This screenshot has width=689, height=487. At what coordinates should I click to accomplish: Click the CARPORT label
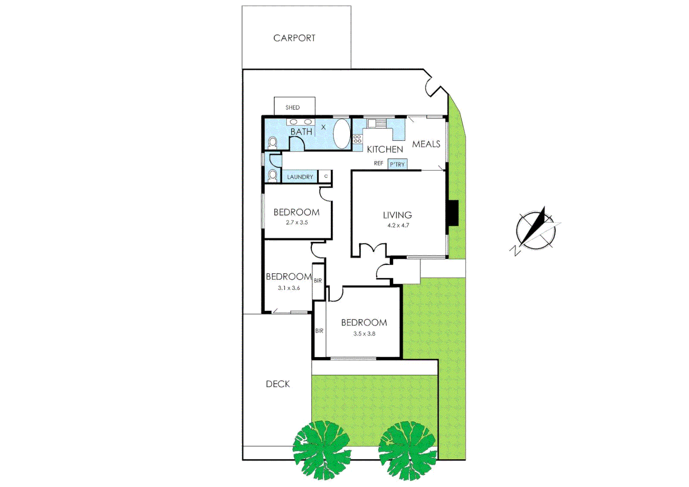294,38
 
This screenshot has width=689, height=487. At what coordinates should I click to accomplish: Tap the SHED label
292,107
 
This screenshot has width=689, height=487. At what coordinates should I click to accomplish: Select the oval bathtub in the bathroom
342,133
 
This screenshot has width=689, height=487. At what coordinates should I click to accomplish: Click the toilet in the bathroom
273,142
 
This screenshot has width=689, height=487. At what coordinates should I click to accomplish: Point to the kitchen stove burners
357,139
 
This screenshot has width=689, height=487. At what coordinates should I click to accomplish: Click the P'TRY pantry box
397,164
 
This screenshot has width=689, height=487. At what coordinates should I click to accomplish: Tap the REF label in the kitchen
378,163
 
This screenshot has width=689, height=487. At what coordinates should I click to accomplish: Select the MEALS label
426,144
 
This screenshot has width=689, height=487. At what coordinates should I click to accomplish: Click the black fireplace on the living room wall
452,213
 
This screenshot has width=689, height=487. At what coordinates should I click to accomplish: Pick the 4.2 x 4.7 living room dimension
398,225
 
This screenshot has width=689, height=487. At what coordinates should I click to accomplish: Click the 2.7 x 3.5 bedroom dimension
296,222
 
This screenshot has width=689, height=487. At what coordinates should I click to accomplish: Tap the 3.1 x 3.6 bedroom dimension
289,288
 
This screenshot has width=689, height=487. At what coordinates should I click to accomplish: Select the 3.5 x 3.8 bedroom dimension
364,334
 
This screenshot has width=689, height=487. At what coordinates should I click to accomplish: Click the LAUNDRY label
300,177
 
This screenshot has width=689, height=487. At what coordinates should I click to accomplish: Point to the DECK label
277,384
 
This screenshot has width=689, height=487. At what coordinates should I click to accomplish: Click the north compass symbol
536,230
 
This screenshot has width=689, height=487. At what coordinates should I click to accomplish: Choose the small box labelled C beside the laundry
325,176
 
